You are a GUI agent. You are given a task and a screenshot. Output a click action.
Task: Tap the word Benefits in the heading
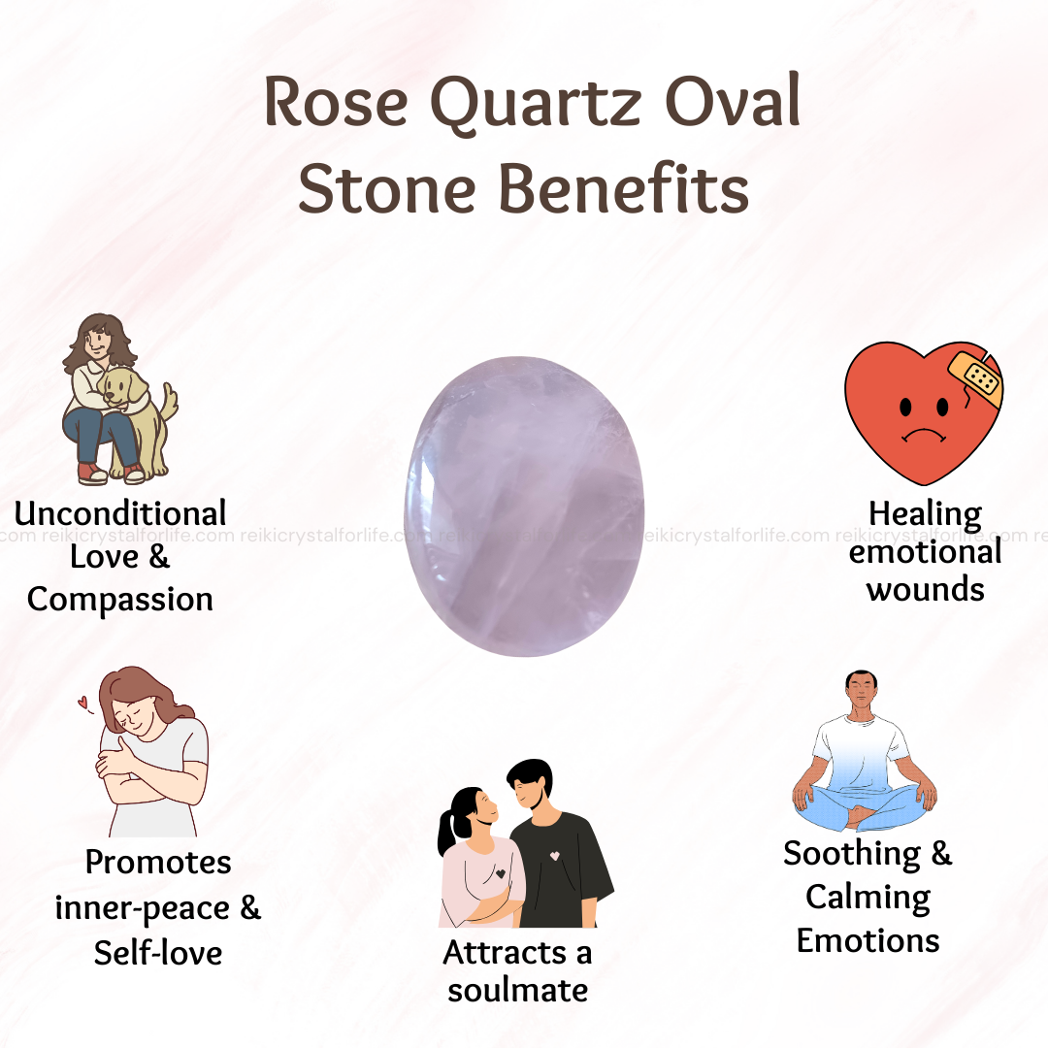[624, 189]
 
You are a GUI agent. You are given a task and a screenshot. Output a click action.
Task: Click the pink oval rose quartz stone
[524, 506]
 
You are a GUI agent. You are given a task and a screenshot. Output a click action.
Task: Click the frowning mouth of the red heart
[924, 435]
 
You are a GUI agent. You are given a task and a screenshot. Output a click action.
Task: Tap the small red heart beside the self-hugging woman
[82, 702]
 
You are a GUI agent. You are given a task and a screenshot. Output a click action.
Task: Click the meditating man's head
[861, 692]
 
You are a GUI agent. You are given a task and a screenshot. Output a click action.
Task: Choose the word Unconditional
[120, 513]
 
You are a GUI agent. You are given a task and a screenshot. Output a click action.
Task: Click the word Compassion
[120, 600]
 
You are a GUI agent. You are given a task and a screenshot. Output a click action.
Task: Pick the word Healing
[925, 515]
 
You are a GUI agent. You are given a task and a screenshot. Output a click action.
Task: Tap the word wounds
[925, 590]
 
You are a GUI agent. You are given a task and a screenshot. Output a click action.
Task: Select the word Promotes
[158, 863]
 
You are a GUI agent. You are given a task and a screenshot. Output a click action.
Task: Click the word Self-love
[158, 953]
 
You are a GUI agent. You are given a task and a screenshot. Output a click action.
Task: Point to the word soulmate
[518, 990]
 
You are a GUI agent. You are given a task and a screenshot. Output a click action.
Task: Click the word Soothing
[852, 854]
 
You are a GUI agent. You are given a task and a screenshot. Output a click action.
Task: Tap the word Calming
[868, 898]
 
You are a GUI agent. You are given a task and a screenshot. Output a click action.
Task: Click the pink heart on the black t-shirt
[554, 856]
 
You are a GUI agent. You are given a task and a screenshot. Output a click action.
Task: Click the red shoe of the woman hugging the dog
[91, 474]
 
